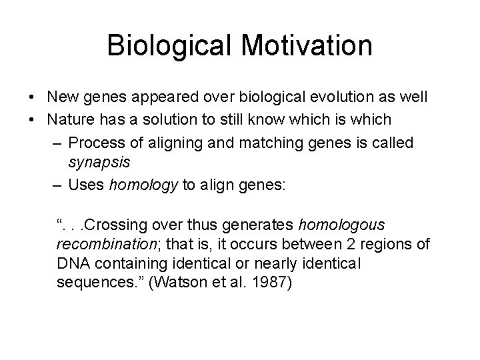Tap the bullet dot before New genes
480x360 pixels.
pos(33,98)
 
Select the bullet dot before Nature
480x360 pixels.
pos(33,120)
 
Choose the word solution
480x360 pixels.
pos(169,120)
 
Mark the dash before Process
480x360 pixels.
pos(57,142)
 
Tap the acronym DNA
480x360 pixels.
pos(73,263)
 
